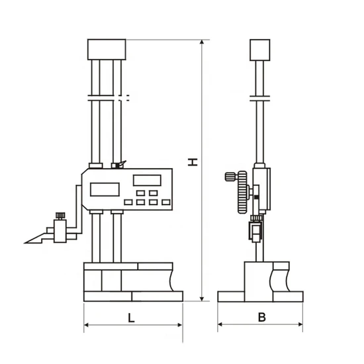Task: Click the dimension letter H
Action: pos(191,162)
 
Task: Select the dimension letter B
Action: pos(261,317)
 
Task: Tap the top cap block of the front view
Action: pos(107,50)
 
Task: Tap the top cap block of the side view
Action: pos(259,50)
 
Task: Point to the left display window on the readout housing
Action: pos(104,189)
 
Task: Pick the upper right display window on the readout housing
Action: pos(146,180)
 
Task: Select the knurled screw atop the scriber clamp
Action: pos(60,214)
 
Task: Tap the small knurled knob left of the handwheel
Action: pos(230,176)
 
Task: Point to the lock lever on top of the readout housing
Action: pos(117,165)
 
